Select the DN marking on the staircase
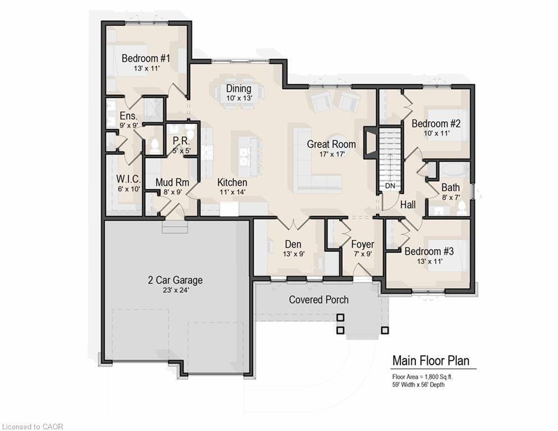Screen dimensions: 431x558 pos(390,186)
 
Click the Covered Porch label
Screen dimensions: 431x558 pos(318,300)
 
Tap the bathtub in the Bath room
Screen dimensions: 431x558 pos(455,171)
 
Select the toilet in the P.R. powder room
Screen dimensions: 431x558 pos(190,133)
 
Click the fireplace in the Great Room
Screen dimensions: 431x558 pos(369,144)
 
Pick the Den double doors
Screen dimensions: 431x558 pos(293,223)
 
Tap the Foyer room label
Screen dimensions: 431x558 pos(362,244)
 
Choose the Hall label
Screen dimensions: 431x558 pos(408,205)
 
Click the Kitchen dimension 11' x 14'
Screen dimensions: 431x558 pos(232,192)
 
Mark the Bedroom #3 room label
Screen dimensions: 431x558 pos(429,251)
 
